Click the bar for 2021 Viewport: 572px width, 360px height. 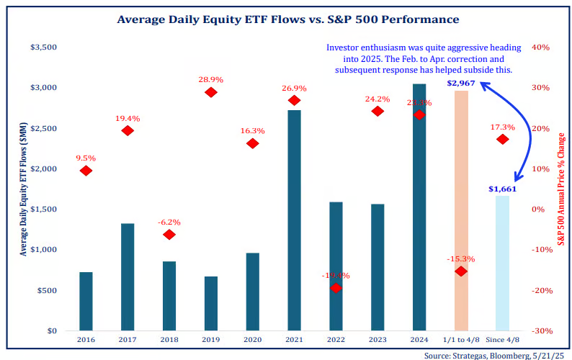pyautogui.click(x=294, y=220)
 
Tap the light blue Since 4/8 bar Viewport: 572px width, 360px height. pyautogui.click(x=502, y=263)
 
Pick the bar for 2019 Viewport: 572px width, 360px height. pyautogui.click(x=211, y=303)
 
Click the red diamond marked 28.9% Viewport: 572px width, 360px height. pyautogui.click(x=211, y=92)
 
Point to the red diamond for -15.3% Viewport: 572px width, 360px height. pyautogui.click(x=461, y=271)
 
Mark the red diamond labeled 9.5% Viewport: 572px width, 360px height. pyautogui.click(x=86, y=171)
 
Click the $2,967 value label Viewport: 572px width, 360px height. pyautogui.click(x=460, y=83)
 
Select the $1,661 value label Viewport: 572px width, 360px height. pyautogui.click(x=502, y=189)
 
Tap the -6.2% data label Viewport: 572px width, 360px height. pyautogui.click(x=169, y=222)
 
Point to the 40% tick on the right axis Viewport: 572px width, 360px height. pyautogui.click(x=540, y=47)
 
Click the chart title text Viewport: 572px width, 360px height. pyautogui.click(x=287, y=19)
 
